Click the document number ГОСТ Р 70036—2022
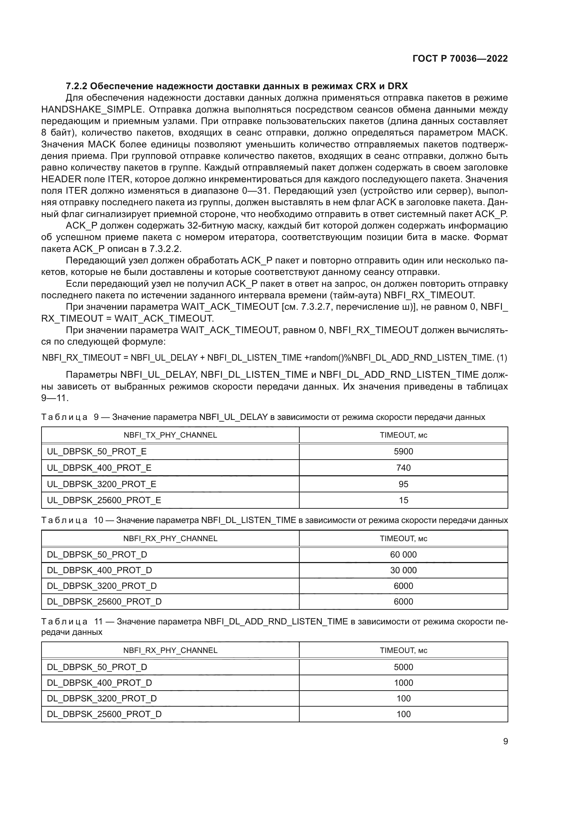point(460,59)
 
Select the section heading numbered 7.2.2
point(237,86)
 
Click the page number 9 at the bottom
point(505,741)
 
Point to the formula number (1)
point(502,358)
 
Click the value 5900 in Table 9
point(403,452)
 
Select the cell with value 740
point(403,468)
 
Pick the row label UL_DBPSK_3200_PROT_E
point(101,484)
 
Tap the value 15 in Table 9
point(403,500)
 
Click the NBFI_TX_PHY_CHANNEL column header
point(170,435)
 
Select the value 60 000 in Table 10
point(403,554)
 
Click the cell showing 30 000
point(403,570)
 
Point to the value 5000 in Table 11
point(403,667)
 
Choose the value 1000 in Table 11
point(403,683)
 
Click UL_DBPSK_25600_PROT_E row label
point(104,500)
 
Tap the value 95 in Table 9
point(403,484)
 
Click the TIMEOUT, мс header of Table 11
point(403,650)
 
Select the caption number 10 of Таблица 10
point(98,520)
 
